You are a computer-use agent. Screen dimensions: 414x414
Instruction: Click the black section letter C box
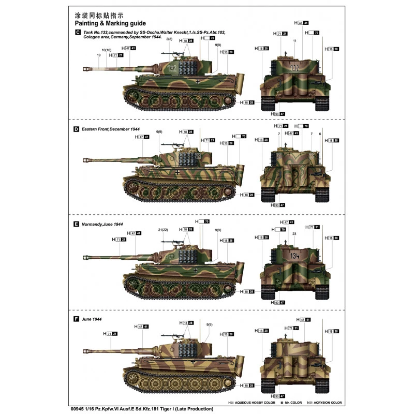click(x=77, y=33)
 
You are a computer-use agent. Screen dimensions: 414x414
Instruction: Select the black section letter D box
click(x=77, y=128)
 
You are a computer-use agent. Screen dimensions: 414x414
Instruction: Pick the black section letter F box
click(x=77, y=319)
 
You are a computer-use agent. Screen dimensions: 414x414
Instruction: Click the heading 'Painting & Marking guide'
click(x=110, y=23)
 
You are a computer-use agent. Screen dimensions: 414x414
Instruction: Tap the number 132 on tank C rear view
click(x=295, y=68)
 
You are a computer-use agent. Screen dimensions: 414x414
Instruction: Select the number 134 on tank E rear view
click(x=294, y=255)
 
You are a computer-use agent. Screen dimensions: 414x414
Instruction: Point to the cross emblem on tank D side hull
click(x=178, y=172)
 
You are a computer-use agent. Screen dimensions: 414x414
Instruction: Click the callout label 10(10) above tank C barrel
click(x=107, y=50)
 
